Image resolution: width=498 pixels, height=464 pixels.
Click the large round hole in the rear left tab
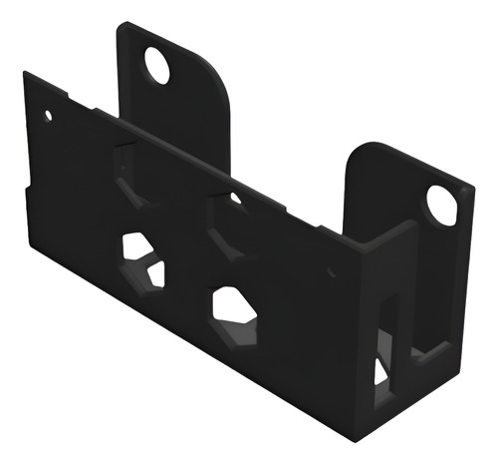(x=157, y=65)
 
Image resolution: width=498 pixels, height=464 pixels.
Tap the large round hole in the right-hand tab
(x=441, y=205)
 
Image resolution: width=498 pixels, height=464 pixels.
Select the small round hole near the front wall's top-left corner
(x=48, y=116)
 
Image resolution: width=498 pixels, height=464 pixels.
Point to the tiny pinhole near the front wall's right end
(x=332, y=269)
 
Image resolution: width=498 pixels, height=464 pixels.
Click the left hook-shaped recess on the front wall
(x=127, y=175)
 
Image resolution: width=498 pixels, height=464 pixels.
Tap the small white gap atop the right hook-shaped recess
(x=235, y=199)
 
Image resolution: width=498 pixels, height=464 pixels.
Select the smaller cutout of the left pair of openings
(x=155, y=273)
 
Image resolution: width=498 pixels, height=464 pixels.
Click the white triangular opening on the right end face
(x=380, y=372)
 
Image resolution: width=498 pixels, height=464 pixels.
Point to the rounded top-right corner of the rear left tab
(x=222, y=75)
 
